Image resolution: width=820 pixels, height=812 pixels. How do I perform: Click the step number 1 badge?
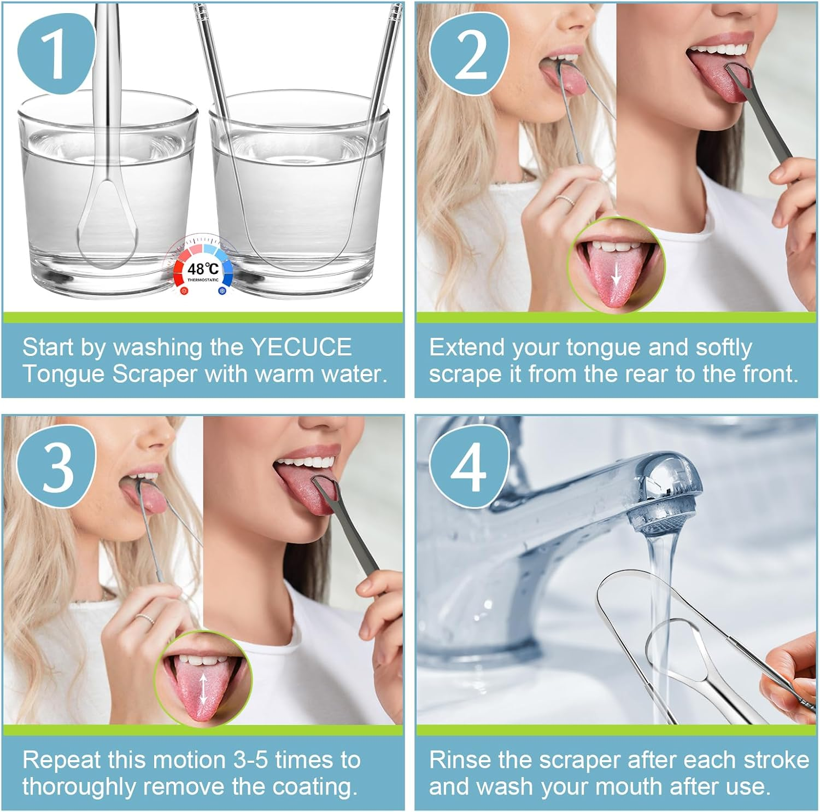[55, 54]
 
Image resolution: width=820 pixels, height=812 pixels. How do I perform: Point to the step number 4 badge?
[468, 466]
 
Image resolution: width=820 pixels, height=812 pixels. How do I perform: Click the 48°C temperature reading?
[203, 269]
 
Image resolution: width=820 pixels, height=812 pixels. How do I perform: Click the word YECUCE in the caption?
[301, 347]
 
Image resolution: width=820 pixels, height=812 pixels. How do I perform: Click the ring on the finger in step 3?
[145, 618]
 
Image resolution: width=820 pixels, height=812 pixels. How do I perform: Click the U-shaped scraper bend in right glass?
[295, 257]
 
